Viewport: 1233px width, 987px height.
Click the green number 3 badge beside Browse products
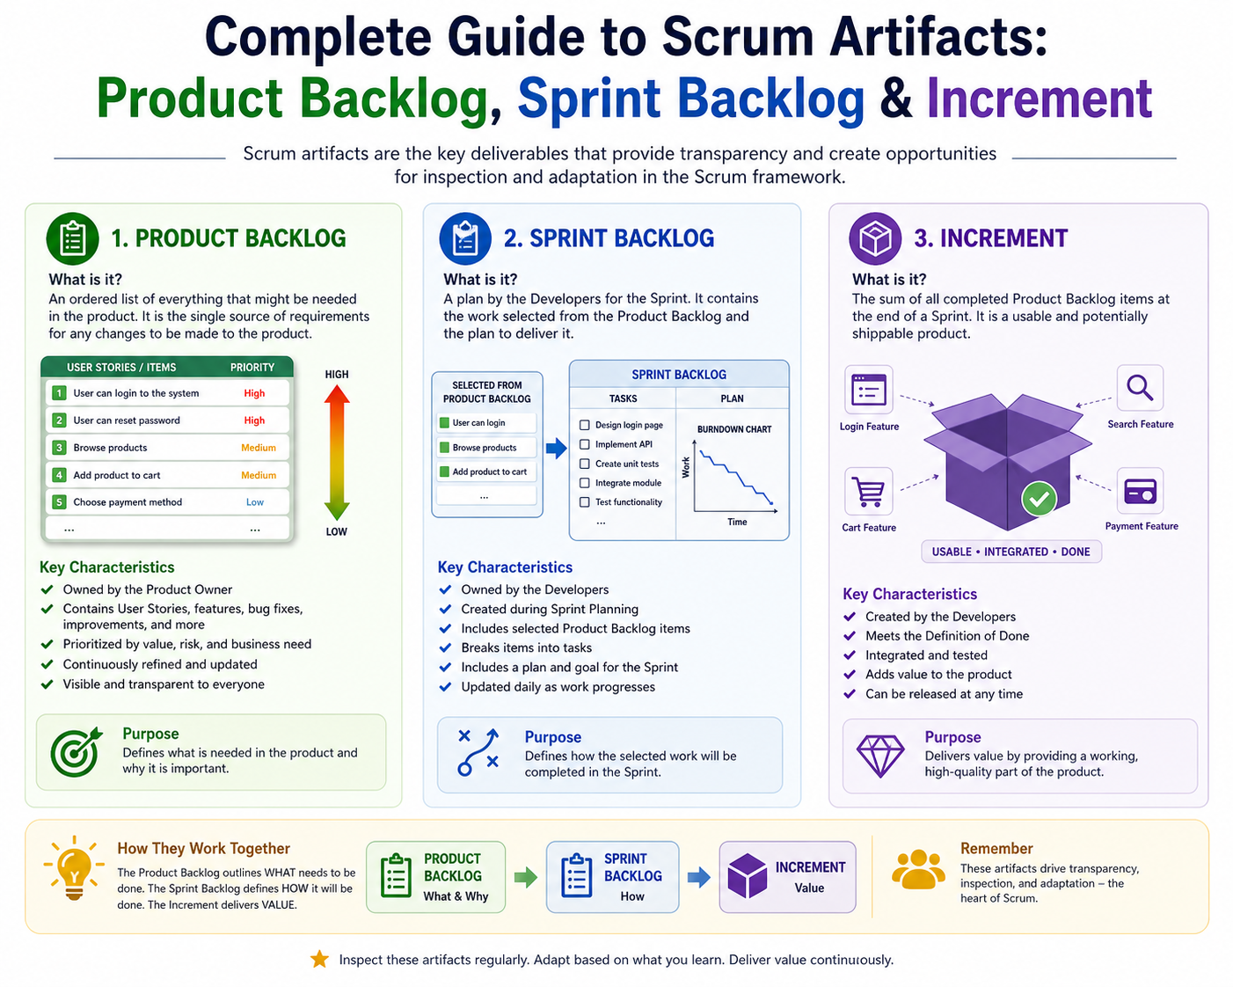[58, 448]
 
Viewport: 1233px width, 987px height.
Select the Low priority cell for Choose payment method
[255, 502]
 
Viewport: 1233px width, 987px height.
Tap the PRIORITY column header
[252, 368]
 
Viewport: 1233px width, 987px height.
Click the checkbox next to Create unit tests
[585, 464]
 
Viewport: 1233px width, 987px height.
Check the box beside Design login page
[585, 425]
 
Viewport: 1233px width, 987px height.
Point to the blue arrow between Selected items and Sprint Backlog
[556, 448]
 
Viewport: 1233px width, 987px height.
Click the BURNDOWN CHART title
[734, 429]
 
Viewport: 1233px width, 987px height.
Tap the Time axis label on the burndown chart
[737, 522]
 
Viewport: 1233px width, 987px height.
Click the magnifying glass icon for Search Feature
[1140, 388]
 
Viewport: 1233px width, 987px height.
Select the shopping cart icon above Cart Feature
[869, 491]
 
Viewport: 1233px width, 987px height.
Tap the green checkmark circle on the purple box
[1039, 500]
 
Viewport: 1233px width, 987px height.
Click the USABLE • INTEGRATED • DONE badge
[1010, 552]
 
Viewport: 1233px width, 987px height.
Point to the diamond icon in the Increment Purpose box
[880, 756]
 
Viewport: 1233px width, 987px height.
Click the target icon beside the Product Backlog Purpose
[76, 751]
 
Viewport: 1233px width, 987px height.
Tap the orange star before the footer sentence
[319, 959]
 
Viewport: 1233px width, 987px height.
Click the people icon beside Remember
[918, 869]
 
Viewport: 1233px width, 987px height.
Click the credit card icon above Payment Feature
[1140, 491]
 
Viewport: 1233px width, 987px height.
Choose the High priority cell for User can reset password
[254, 420]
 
